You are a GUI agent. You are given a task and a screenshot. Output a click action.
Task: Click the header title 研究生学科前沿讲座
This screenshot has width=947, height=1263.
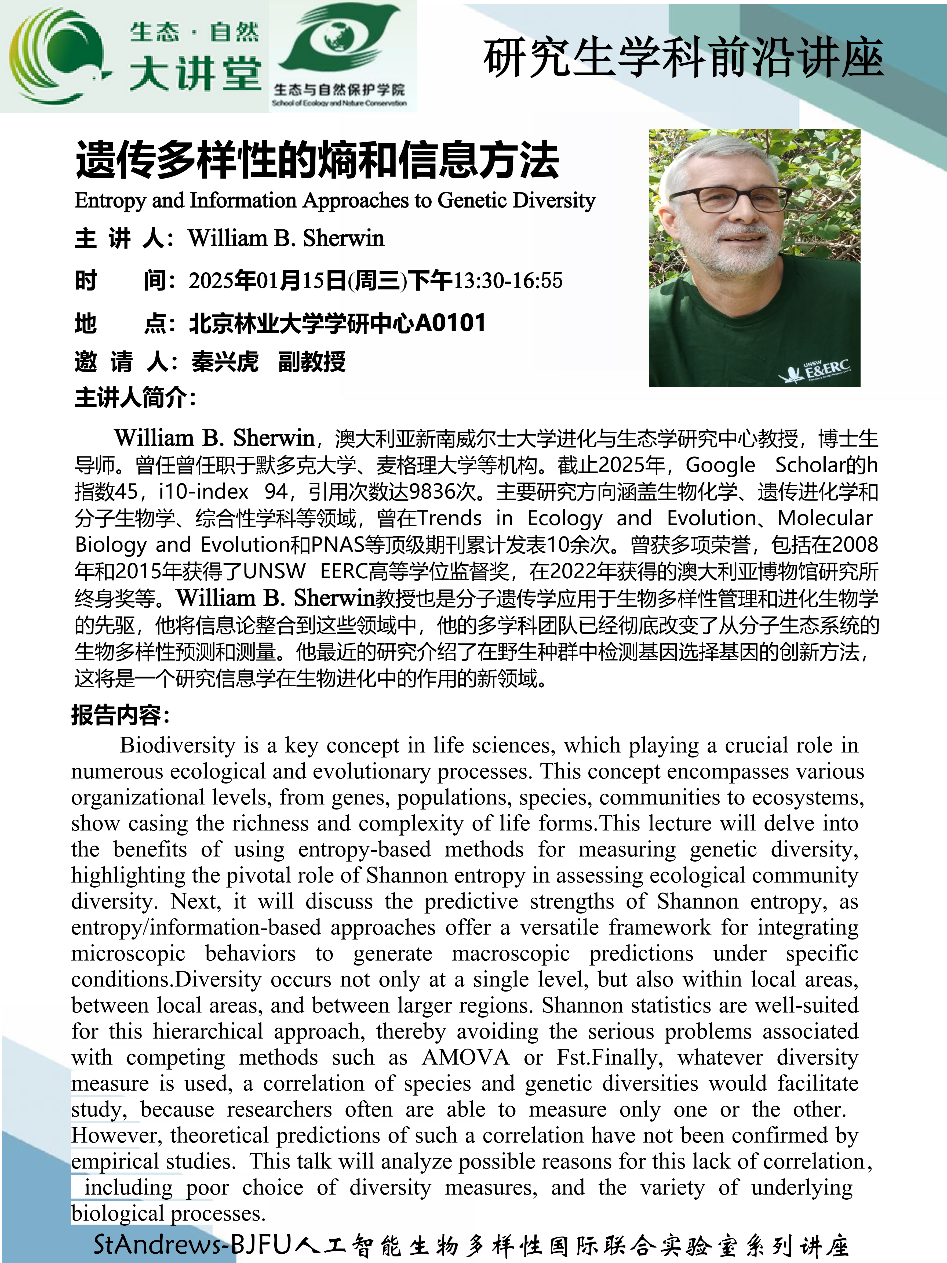pyautogui.click(x=683, y=58)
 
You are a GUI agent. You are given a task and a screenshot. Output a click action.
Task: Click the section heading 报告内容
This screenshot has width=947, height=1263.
pyautogui.click(x=120, y=715)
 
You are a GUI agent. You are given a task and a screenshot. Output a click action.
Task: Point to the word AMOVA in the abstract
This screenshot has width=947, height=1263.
pyautogui.click(x=465, y=1057)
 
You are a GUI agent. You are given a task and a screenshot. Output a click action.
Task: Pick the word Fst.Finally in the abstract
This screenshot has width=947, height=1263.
pyautogui.click(x=610, y=1057)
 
